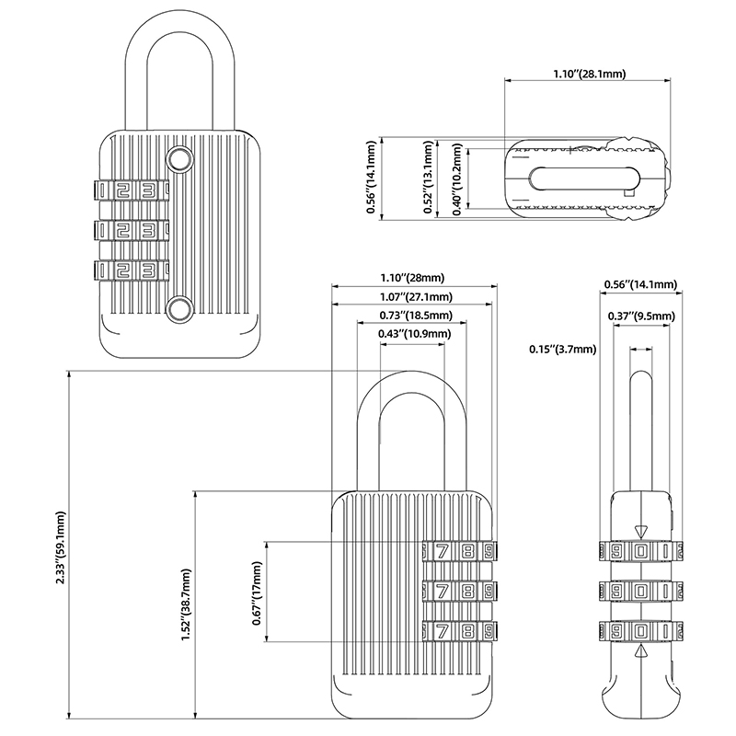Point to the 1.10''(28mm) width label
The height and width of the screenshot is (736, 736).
(x=412, y=278)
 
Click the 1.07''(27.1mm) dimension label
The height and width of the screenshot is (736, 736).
(x=415, y=296)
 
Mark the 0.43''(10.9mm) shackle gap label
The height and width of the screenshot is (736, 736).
(x=414, y=333)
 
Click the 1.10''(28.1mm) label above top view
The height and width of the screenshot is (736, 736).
(x=589, y=73)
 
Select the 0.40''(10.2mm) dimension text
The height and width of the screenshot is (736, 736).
(x=457, y=181)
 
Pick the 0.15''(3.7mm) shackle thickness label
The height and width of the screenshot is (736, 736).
(x=562, y=349)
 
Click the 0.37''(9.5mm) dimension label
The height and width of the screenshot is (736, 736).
(x=642, y=316)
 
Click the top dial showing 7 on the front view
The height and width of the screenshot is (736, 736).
(x=443, y=553)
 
